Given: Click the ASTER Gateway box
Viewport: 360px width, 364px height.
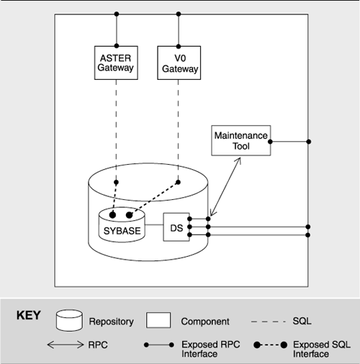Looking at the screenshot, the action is (x=116, y=63).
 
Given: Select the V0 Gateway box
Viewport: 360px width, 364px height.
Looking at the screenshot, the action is (x=179, y=63).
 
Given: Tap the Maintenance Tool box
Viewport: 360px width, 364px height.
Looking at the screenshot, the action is (x=241, y=140).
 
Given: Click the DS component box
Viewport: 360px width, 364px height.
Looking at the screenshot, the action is (x=176, y=227).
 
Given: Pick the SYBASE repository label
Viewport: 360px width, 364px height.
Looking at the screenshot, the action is (x=122, y=231).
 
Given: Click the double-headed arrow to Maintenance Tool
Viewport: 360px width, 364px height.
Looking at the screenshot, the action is (x=225, y=186).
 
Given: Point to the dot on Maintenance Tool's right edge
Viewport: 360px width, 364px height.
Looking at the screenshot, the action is (x=270, y=142).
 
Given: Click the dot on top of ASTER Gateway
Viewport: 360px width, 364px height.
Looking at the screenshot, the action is (x=117, y=46).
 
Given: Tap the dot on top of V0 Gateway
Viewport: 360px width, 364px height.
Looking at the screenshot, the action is (x=179, y=46).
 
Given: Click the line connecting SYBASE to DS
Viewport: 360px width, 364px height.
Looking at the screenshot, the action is (x=154, y=225).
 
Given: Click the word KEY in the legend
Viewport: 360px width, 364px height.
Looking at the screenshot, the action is (x=29, y=315).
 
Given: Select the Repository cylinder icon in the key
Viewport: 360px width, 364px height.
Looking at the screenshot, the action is (x=70, y=320).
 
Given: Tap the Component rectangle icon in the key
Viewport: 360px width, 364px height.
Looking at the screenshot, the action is (x=158, y=320).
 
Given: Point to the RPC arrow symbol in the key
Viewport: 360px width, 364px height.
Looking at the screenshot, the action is (x=66, y=345).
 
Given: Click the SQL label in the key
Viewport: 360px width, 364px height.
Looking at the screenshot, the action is (x=302, y=321).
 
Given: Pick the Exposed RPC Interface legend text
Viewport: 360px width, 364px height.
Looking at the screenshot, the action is (x=211, y=349).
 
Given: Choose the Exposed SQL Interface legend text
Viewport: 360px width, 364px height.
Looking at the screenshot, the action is (x=322, y=349).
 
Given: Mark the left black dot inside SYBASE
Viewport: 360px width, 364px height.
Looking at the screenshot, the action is (x=112, y=215).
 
